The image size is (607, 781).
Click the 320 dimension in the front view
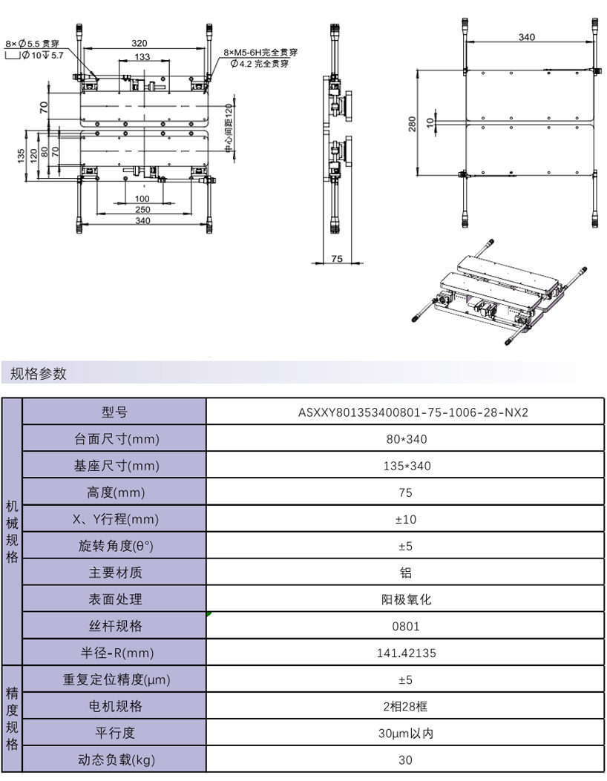[x=140, y=43]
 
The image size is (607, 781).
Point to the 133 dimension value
[x=142, y=57]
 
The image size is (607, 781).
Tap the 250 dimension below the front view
[x=142, y=210]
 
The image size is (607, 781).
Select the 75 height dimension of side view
[x=337, y=259]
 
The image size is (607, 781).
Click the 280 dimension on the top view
[x=412, y=124]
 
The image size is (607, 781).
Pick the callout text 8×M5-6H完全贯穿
[x=260, y=53]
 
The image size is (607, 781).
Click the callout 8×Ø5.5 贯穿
[x=32, y=44]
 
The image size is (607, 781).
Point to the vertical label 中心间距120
[x=229, y=128]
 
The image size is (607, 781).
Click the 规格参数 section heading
[x=39, y=374]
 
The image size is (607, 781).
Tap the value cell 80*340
[x=407, y=439]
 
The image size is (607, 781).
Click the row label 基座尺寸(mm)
[x=117, y=466]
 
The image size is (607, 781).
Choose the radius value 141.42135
[x=406, y=653]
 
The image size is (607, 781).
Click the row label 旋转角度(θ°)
[x=116, y=546]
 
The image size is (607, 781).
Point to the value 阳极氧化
[x=406, y=600]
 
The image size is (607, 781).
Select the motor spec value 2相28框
[x=405, y=706]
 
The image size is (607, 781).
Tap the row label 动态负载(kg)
[x=117, y=759]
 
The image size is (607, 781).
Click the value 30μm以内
[x=406, y=734]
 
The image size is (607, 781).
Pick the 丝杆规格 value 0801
[x=406, y=626]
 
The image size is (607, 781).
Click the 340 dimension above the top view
[x=527, y=37]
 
